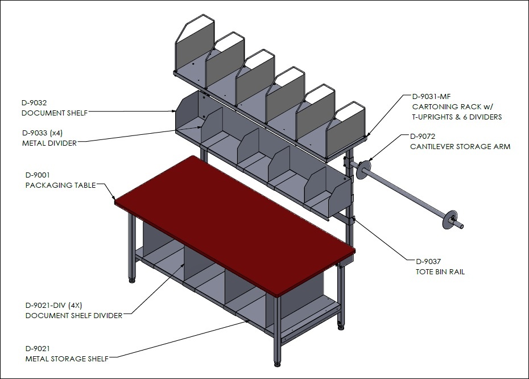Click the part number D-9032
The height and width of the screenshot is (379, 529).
point(34,102)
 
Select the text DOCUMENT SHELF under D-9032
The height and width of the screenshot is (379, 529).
point(55,113)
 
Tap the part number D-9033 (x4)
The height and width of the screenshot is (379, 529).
point(42,133)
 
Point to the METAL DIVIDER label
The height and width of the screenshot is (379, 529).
point(49,143)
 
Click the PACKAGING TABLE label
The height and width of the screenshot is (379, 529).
point(61,186)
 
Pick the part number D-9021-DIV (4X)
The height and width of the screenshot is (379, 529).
point(53,306)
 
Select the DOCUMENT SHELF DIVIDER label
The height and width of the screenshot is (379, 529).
point(74,316)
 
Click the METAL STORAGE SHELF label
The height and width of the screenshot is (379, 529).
point(67,359)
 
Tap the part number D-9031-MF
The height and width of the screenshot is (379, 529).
point(432,97)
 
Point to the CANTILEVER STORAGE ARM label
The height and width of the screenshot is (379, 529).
point(460,147)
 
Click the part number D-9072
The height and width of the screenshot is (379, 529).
point(423,137)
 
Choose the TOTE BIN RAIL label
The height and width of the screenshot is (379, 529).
point(440,271)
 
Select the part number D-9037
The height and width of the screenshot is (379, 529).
point(428,262)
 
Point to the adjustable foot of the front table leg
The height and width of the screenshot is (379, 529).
point(278,364)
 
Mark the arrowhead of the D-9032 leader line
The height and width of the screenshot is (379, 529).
point(173,111)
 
